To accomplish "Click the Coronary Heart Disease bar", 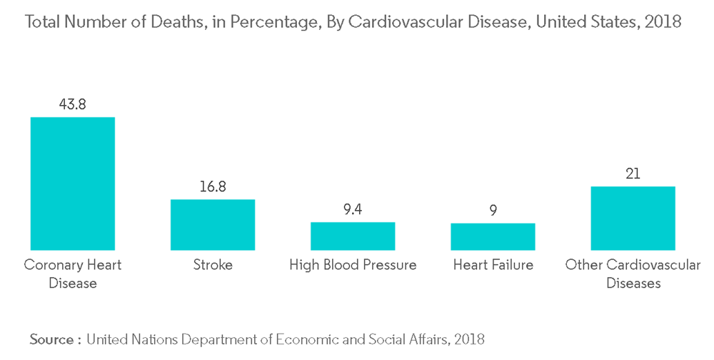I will pos(72,184).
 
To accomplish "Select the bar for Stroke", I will pos(212,224).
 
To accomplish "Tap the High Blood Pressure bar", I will pos(353,236).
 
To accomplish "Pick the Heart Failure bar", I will pos(493,236).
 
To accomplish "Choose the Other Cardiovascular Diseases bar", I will pos(633,218).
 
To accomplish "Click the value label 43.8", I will pos(72,104).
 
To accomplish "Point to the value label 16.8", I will pos(212,186).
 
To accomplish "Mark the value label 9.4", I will pos(353,209).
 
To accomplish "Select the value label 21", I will pos(633,174).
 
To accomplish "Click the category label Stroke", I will pos(212,265).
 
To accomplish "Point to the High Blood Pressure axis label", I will pos(353,265).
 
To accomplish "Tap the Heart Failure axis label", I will pos(493,265).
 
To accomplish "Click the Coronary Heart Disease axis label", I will pos(72,274).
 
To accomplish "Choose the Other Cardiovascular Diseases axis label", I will pos(633,274).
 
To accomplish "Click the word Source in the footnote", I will pos(52,339).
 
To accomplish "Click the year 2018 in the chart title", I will pos(663,22).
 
